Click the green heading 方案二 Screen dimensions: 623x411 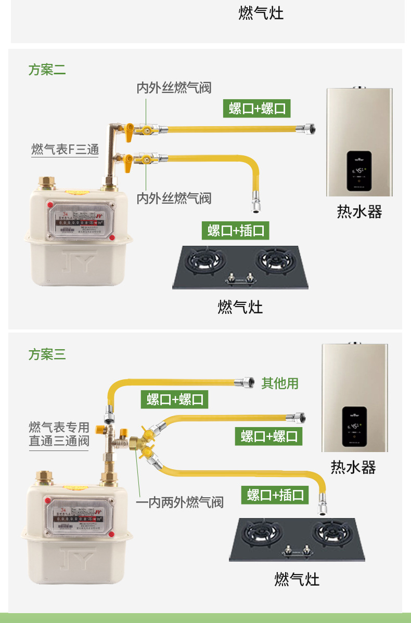tap(47, 70)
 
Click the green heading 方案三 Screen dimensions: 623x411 tap(47, 355)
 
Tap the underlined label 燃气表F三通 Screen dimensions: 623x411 tap(65, 150)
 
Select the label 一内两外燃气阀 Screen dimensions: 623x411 tap(179, 502)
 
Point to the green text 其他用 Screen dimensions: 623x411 tap(280, 383)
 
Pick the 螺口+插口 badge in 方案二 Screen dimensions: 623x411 tap(235, 230)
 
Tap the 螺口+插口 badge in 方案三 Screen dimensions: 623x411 tap(275, 495)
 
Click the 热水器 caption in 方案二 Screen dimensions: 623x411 tap(359, 211)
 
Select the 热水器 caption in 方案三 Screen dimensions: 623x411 tap(353, 467)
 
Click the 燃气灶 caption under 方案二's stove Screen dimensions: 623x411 tap(240, 307)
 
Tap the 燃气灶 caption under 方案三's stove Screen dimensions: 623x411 tap(297, 579)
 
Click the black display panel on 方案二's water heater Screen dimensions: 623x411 tap(359, 170)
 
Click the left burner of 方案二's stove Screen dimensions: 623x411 tap(205, 261)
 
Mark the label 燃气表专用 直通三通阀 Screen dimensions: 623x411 tap(59, 434)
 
